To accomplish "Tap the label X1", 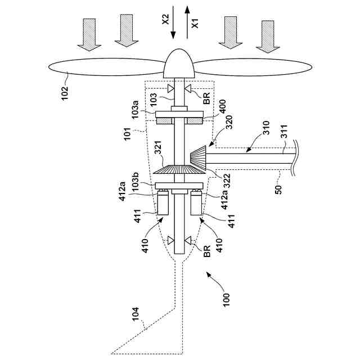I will tap(195, 22).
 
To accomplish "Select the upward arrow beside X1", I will tap(187, 21).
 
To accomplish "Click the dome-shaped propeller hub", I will tap(179, 64).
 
